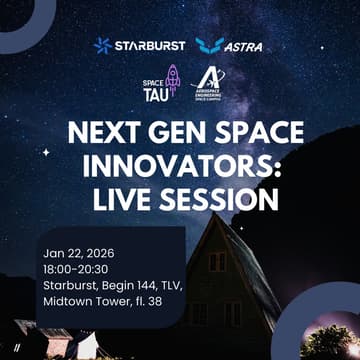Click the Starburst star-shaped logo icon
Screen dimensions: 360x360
(103, 45)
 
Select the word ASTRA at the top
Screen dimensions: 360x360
(244, 45)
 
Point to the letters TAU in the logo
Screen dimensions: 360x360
(155, 94)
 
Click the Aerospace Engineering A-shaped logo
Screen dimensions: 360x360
(209, 78)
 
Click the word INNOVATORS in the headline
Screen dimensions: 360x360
(180, 166)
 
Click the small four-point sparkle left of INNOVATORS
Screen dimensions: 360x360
(46, 152)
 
